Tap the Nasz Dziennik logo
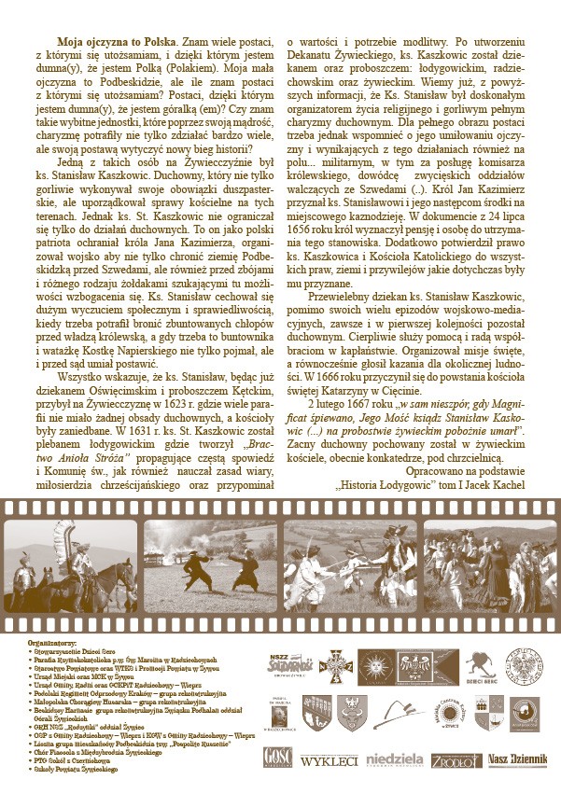click(517, 758)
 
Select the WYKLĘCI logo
click(329, 760)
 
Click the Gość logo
click(278, 758)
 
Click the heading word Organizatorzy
click(52, 644)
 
